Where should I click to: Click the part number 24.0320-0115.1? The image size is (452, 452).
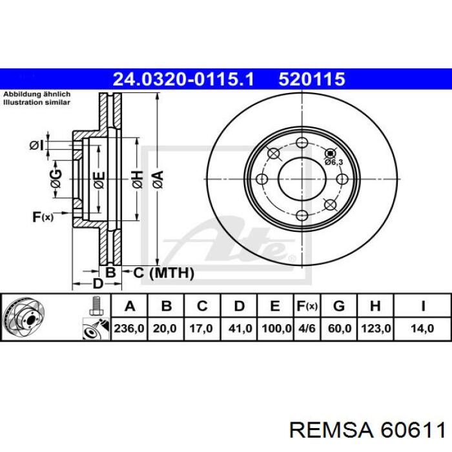(x=184, y=79)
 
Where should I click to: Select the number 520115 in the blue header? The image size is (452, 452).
(x=313, y=79)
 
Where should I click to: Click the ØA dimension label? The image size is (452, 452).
(x=157, y=178)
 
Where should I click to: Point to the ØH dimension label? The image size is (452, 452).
(x=136, y=179)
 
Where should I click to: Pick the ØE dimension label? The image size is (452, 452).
(x=98, y=179)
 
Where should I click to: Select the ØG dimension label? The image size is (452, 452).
(x=56, y=179)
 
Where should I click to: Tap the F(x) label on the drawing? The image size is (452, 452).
(x=43, y=217)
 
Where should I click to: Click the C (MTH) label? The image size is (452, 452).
(x=163, y=273)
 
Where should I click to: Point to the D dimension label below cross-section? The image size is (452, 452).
(x=97, y=283)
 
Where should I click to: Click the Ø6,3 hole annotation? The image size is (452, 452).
(x=333, y=162)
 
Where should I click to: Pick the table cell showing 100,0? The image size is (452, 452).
(x=276, y=329)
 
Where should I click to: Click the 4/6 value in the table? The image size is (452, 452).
(x=307, y=329)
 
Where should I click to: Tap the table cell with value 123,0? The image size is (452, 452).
(x=377, y=329)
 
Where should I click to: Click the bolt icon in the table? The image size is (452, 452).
(x=97, y=305)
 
